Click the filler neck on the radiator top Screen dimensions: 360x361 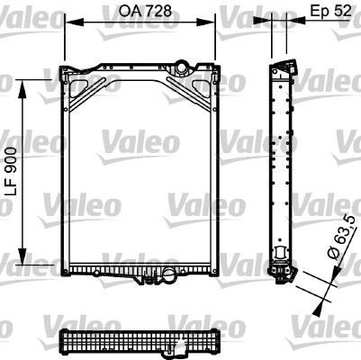184,67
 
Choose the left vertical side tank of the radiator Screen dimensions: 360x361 64,171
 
